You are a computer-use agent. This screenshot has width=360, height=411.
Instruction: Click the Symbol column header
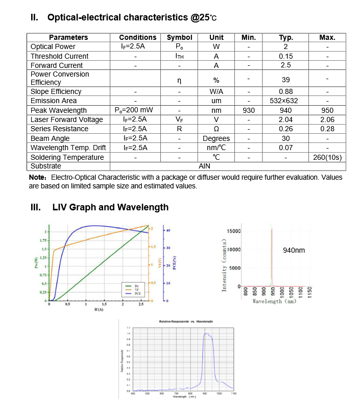tap(180, 37)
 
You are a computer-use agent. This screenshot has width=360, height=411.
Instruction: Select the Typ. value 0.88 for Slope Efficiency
tap(286, 91)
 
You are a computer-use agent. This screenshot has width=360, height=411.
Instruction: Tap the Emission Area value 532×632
tap(286, 101)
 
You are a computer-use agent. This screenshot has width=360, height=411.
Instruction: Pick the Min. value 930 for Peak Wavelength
tap(249, 110)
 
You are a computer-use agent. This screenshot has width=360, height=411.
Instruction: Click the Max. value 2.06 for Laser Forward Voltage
tap(327, 119)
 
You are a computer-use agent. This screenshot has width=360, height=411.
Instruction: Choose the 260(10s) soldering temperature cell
tap(327, 157)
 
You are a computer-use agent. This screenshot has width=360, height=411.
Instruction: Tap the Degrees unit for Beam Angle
tap(216, 138)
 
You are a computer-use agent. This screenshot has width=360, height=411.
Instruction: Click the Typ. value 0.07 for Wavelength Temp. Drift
tap(286, 148)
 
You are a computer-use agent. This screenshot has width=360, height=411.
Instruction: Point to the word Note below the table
tap(37, 178)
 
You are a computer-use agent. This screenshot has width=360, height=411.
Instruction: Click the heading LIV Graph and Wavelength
tap(110, 207)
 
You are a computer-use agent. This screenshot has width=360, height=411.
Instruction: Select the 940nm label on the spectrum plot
tap(294, 250)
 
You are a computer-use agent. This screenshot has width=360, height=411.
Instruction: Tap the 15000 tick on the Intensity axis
tap(233, 231)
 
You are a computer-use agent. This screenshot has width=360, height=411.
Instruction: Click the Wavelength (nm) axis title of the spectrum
tap(274, 301)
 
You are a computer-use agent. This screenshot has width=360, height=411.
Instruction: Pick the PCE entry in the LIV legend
tap(137, 294)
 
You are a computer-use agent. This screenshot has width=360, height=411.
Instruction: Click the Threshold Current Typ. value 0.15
tap(286, 56)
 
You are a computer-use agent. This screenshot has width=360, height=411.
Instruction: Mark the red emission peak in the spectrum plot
tap(272, 255)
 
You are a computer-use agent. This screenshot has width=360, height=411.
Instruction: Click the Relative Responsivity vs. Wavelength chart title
tap(186, 321)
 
